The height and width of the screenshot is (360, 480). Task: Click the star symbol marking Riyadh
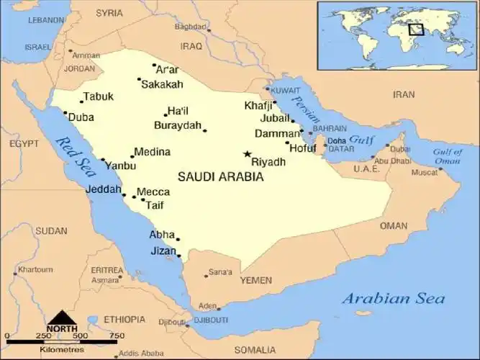247,154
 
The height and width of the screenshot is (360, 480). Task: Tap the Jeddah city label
104,189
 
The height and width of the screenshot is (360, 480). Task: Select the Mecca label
153,192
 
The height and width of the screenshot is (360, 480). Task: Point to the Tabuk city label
98,96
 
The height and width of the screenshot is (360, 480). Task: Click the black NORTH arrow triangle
63,318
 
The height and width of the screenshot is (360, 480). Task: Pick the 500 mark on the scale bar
80,336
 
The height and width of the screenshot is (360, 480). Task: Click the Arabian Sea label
393,298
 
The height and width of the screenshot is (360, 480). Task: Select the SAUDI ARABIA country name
220,176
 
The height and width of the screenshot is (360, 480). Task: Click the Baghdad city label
190,27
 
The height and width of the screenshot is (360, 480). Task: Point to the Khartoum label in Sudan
35,270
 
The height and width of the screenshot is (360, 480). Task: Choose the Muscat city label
424,173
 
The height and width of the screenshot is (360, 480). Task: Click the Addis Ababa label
141,354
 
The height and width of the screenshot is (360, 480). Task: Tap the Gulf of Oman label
447,156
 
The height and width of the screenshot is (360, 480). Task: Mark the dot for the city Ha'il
165,115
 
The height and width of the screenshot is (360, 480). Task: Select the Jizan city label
163,251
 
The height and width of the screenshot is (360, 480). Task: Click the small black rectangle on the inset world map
416,30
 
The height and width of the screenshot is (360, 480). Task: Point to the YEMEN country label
256,279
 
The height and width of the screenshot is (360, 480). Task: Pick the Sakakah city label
162,85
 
